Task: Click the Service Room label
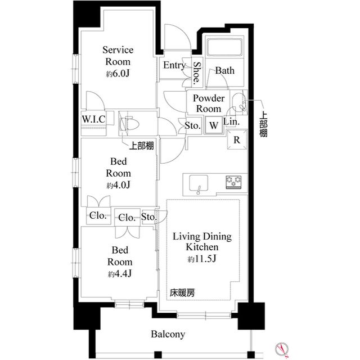click(118, 56)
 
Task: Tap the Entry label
click(174, 65)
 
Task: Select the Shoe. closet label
click(196, 73)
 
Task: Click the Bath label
click(224, 71)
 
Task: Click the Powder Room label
click(209, 103)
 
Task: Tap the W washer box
click(214, 125)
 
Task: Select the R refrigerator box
click(237, 140)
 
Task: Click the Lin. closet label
click(232, 121)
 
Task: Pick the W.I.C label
click(91, 119)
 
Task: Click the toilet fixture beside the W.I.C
click(128, 122)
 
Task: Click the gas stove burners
click(233, 182)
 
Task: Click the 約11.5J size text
click(202, 259)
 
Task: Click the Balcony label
click(168, 334)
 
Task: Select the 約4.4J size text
click(120, 273)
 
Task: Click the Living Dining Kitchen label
click(202, 242)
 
